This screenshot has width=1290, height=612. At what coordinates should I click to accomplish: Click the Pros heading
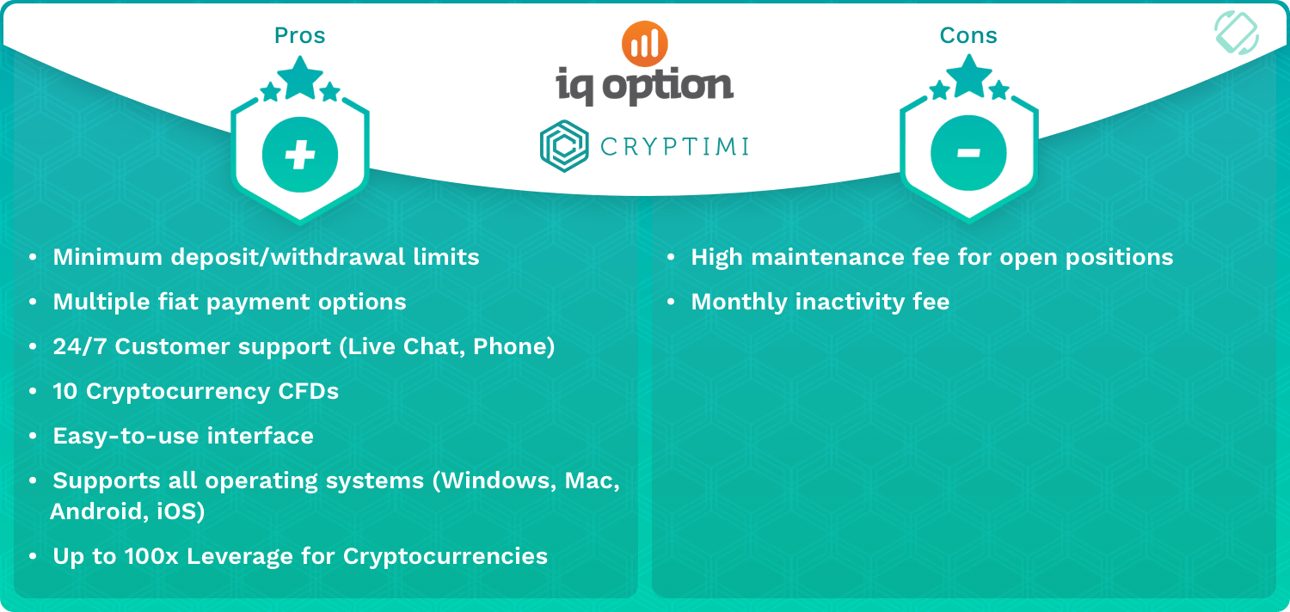pyautogui.click(x=299, y=36)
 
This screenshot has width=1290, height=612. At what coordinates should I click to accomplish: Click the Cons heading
pyautogui.click(x=968, y=36)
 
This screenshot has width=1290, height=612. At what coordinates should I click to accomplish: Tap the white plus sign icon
pyautogui.click(x=300, y=155)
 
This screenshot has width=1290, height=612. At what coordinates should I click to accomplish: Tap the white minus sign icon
pyautogui.click(x=968, y=152)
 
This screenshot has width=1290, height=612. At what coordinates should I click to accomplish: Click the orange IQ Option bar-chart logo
pyautogui.click(x=644, y=44)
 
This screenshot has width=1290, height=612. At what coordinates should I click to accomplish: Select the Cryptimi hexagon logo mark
pyautogui.click(x=564, y=146)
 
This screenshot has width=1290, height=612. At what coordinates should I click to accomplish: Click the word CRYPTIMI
pyautogui.click(x=674, y=147)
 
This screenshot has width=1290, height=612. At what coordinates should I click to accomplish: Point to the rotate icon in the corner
pyautogui.click(x=1237, y=33)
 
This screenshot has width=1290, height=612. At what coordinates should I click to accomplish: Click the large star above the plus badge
pyautogui.click(x=300, y=77)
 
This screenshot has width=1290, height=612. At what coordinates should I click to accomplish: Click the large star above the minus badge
pyautogui.click(x=968, y=76)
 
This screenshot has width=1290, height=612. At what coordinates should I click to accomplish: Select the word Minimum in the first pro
pyautogui.click(x=107, y=257)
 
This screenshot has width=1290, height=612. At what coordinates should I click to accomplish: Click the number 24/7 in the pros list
pyautogui.click(x=79, y=346)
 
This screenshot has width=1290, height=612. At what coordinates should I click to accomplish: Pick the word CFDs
pyautogui.click(x=308, y=391)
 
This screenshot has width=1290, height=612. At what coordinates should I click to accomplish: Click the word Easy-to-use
pyautogui.click(x=126, y=436)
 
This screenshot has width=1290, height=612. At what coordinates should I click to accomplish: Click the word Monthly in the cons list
pyautogui.click(x=739, y=303)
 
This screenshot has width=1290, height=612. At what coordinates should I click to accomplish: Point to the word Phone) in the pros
pyautogui.click(x=513, y=346)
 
